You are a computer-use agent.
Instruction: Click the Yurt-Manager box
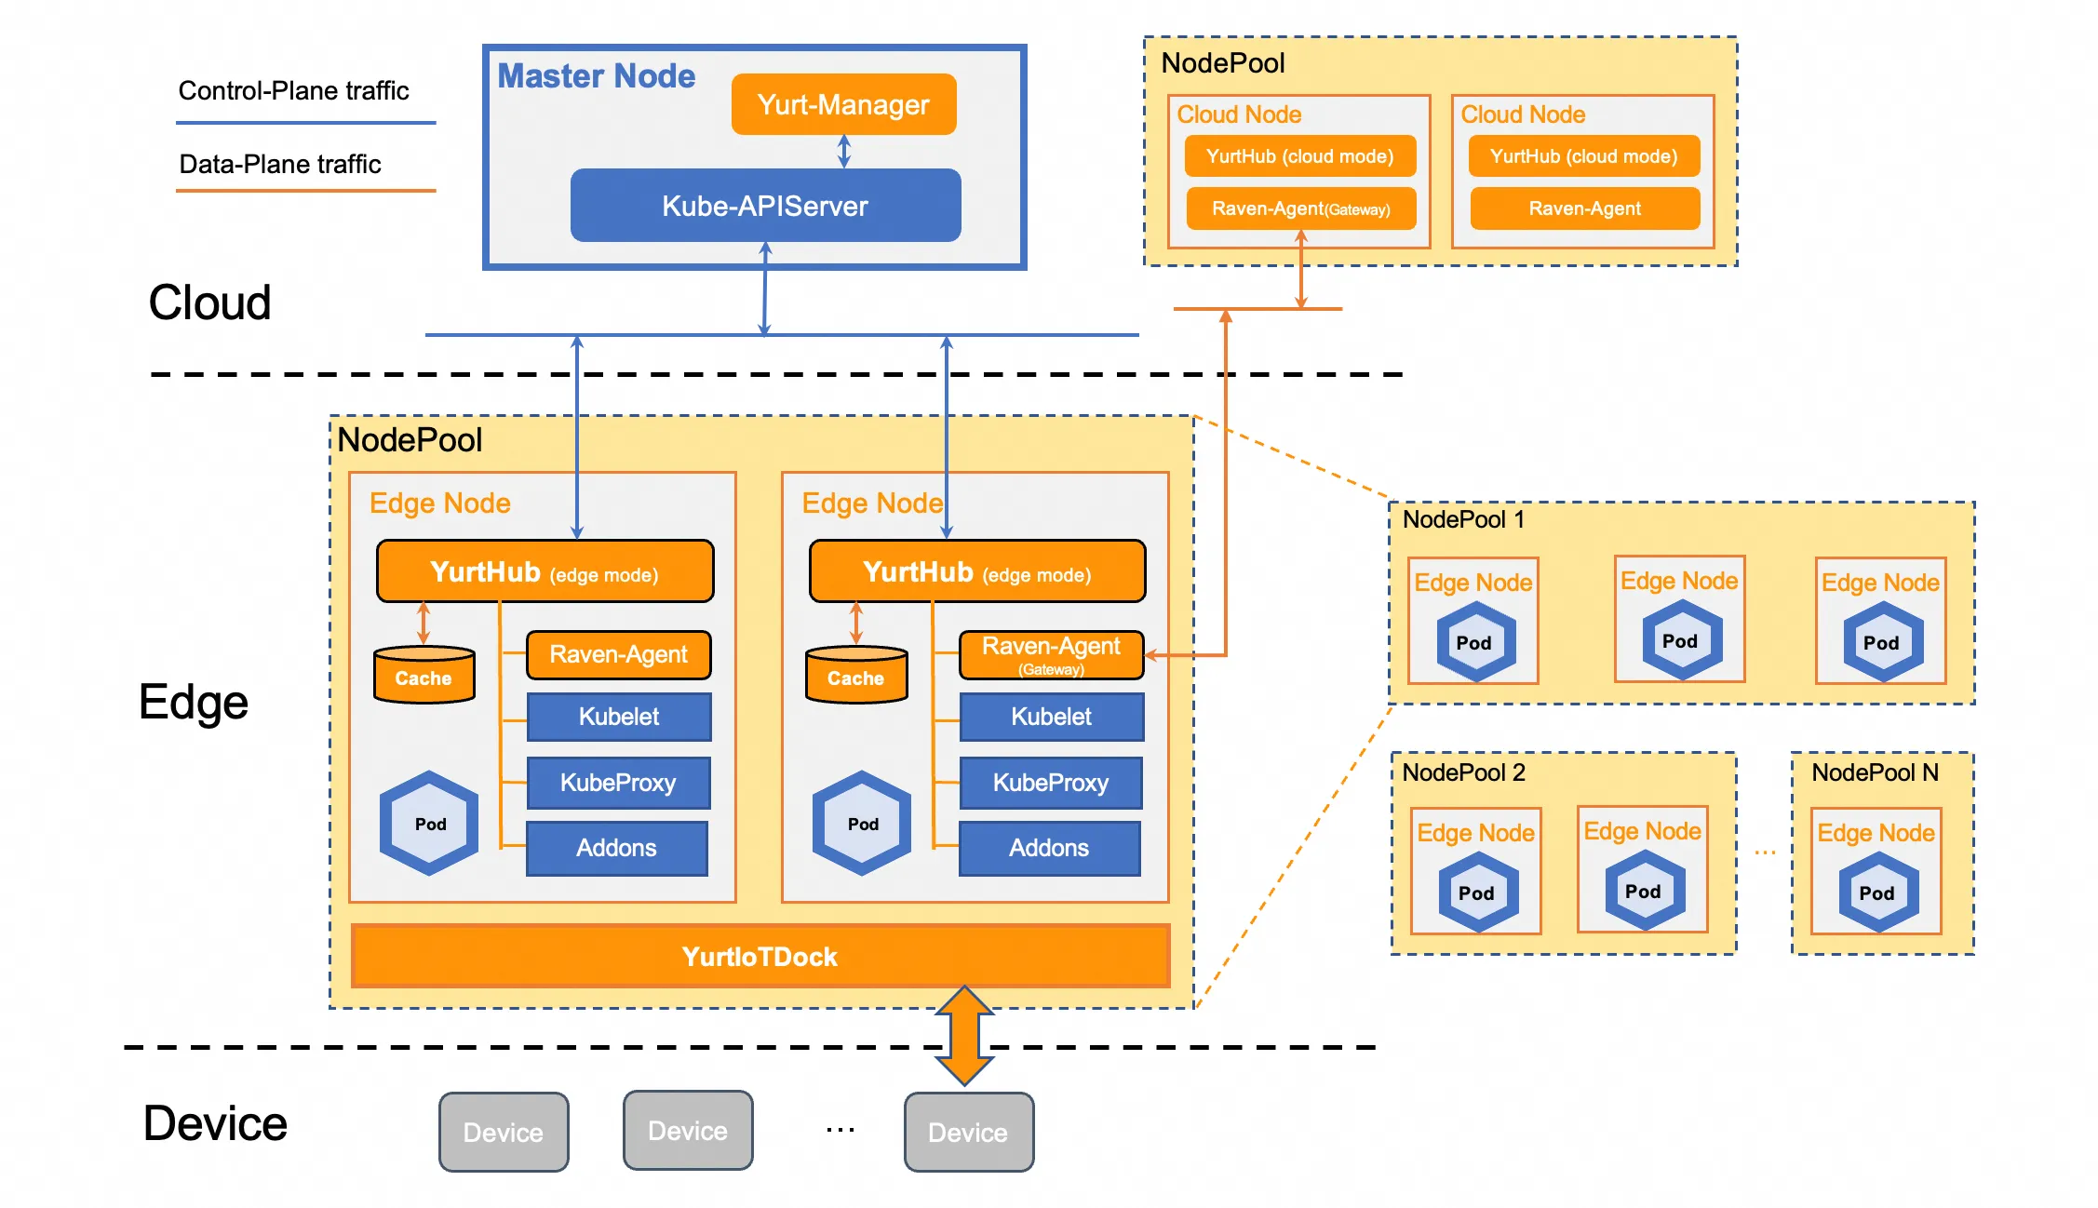(x=843, y=104)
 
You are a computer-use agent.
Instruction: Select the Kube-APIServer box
(x=765, y=206)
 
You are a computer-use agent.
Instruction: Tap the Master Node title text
(x=596, y=76)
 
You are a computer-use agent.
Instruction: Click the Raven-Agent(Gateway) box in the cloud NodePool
(x=1300, y=208)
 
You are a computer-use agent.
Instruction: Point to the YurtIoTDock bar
(x=760, y=957)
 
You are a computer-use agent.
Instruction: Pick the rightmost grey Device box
(x=968, y=1132)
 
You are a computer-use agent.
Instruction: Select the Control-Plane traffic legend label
(x=293, y=91)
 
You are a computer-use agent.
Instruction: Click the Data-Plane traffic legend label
(x=279, y=165)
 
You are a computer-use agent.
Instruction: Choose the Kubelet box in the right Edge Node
(x=1051, y=717)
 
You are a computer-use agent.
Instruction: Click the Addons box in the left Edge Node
(x=616, y=848)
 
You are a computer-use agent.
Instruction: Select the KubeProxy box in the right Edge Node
(x=1050, y=783)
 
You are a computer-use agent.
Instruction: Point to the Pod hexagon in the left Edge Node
(x=430, y=824)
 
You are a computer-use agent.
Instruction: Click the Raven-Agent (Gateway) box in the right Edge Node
(x=1051, y=655)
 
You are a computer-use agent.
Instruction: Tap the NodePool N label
(x=1875, y=772)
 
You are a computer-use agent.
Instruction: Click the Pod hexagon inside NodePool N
(x=1876, y=893)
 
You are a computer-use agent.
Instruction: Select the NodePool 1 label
(x=1463, y=519)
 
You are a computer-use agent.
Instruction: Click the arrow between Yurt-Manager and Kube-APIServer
(x=844, y=151)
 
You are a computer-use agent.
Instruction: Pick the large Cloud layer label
(x=209, y=303)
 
